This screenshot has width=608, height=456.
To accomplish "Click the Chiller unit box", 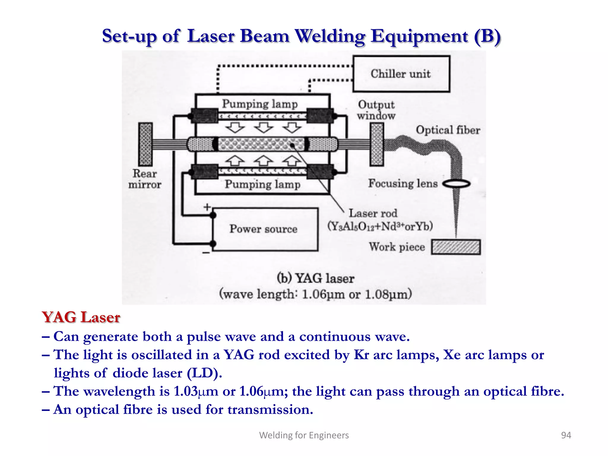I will (401, 74).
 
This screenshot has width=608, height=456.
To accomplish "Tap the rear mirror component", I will (145, 144).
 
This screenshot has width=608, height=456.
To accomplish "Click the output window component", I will (377, 144).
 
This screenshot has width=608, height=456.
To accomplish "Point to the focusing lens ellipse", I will (457, 184).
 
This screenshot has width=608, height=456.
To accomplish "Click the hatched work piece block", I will (456, 247).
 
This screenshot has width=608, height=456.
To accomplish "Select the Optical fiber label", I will (448, 130).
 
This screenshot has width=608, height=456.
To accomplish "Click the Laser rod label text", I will (373, 213).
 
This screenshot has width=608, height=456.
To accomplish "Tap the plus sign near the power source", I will (207, 207).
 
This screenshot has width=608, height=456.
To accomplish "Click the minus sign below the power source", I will (206, 253).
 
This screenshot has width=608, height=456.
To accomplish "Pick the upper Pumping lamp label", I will (260, 104).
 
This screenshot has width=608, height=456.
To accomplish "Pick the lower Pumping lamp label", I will (262, 184).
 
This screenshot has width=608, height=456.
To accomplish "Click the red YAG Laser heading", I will (81, 317).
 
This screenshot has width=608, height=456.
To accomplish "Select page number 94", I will (566, 435).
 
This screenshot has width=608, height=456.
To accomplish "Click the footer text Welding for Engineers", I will (304, 435).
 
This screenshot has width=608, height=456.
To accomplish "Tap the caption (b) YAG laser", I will (316, 278).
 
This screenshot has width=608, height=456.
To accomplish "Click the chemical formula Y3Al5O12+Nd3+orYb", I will (380, 227).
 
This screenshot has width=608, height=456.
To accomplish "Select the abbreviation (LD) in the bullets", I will (204, 373).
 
